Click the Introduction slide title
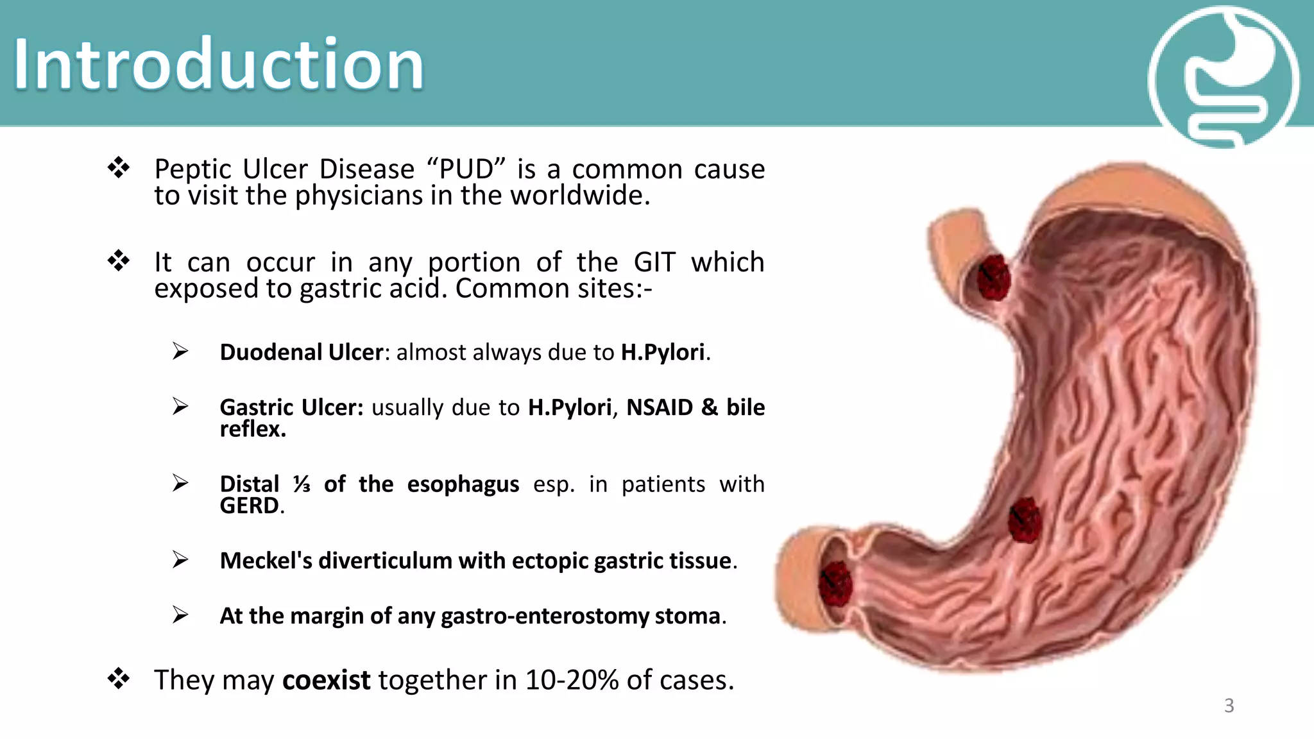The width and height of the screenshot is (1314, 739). pyautogui.click(x=218, y=64)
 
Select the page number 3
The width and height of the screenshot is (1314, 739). pyautogui.click(x=1229, y=706)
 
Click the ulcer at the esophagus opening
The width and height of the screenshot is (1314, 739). pyautogui.click(x=993, y=277)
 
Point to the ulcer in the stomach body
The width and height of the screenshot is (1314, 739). pyautogui.click(x=1024, y=520)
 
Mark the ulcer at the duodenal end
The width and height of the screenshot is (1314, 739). pyautogui.click(x=835, y=582)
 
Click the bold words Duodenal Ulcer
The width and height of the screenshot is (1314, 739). pyautogui.click(x=301, y=352)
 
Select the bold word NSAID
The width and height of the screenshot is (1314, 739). pyautogui.click(x=659, y=407)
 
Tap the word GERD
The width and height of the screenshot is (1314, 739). pyautogui.click(x=249, y=505)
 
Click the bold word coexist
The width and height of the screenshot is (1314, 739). pyautogui.click(x=326, y=680)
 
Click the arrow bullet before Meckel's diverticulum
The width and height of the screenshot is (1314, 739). pyautogui.click(x=180, y=560)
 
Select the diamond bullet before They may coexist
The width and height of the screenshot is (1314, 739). pyautogui.click(x=119, y=678)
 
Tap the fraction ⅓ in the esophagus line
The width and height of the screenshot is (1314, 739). pyautogui.click(x=302, y=484)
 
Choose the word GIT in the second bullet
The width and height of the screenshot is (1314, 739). pyautogui.click(x=654, y=262)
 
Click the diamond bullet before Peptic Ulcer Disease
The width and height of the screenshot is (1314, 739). pyautogui.click(x=119, y=168)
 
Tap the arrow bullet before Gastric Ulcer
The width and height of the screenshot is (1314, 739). pyautogui.click(x=180, y=406)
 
